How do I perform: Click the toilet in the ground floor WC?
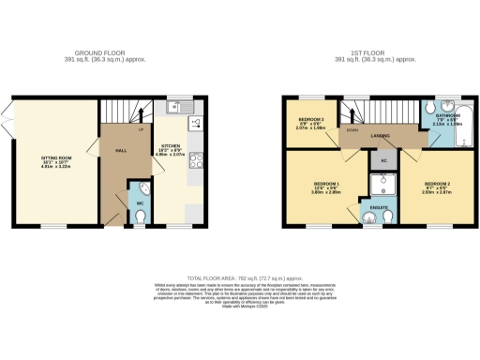tap(140, 217)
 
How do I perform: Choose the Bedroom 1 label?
tap(324, 186)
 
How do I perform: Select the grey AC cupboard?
tap(383, 160)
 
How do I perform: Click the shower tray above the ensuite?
tap(382, 185)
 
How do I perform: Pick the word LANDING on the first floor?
tap(381, 136)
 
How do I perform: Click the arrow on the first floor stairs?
tap(354, 115)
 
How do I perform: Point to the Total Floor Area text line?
tap(240, 279)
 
